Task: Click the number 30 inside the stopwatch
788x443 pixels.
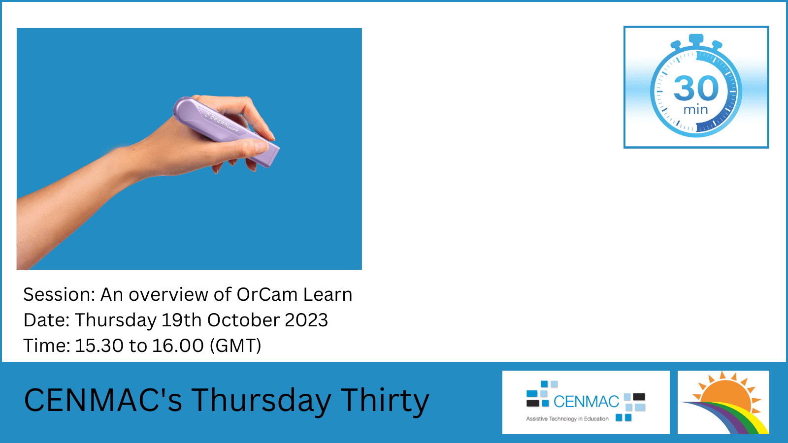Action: click(696, 88)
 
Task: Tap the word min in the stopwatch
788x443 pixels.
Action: click(695, 110)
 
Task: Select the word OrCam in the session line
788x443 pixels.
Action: click(267, 294)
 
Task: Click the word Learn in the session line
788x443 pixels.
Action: click(328, 294)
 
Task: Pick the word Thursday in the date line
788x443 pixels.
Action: click(115, 320)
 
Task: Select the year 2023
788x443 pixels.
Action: click(306, 320)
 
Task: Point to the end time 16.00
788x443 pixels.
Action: click(177, 346)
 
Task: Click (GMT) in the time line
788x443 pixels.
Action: click(235, 346)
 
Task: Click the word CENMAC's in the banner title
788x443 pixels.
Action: click(103, 400)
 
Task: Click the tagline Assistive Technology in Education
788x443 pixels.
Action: click(567, 419)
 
